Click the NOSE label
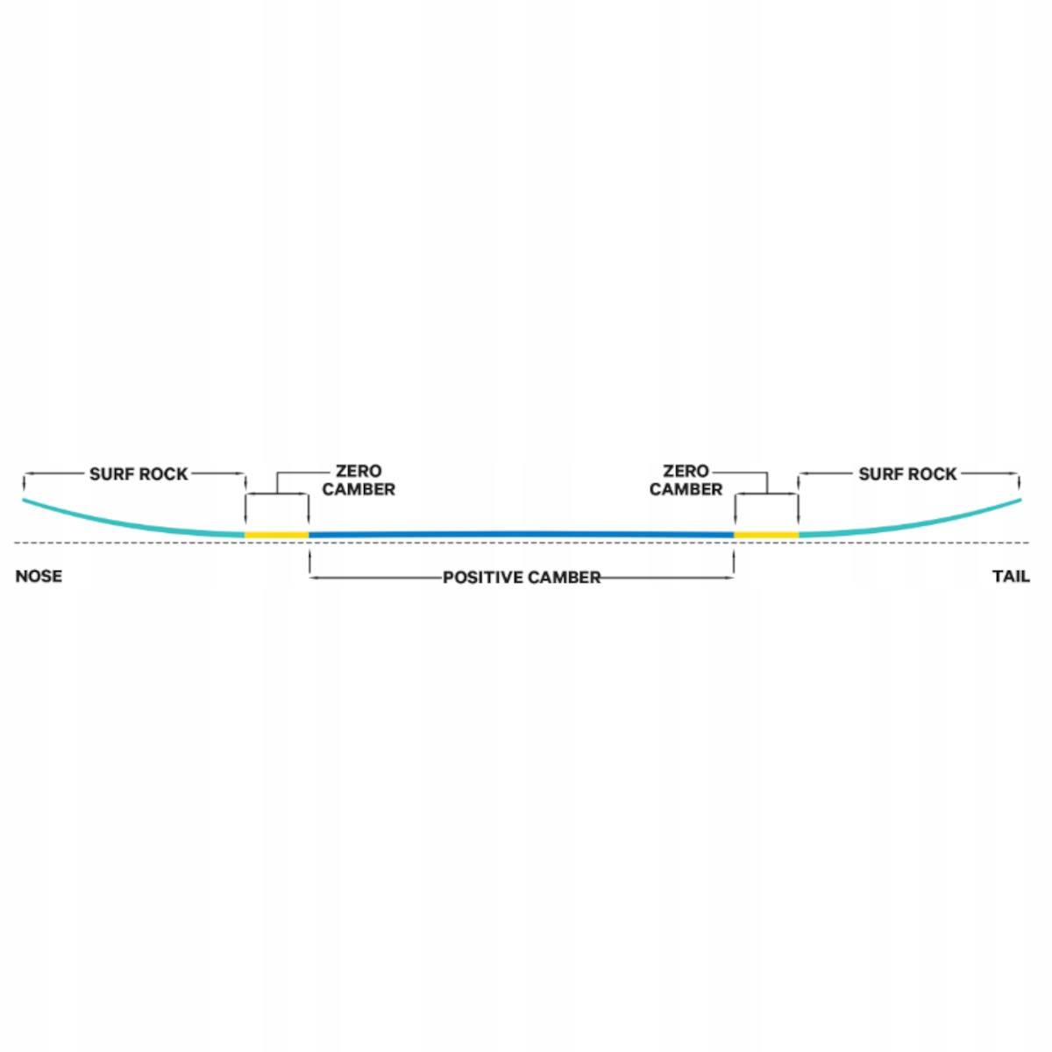click(39, 576)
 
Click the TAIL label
click(1011, 576)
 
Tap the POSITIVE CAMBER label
click(522, 578)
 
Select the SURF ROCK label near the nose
click(139, 474)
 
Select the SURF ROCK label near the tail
click(907, 474)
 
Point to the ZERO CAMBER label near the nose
click(359, 480)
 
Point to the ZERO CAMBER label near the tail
click(686, 480)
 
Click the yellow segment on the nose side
click(276, 534)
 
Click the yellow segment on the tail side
click(766, 534)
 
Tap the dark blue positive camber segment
click(522, 533)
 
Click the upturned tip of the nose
click(25, 501)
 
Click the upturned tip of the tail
click(1019, 501)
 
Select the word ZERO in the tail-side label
click(686, 472)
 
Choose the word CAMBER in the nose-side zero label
click(359, 489)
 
